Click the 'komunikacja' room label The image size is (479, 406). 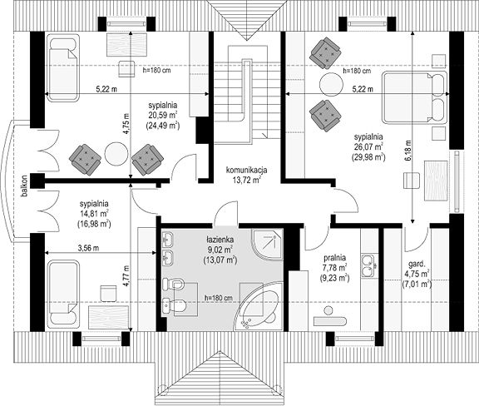click(246, 170)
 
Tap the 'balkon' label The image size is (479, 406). click(25, 186)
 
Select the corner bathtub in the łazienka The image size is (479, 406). click(259, 307)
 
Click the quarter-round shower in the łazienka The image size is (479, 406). click(267, 245)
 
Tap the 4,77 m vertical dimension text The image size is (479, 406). click(126, 275)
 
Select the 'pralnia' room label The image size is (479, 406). click(334, 258)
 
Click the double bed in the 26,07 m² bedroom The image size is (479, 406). click(414, 97)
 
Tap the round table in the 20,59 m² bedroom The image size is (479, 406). click(116, 154)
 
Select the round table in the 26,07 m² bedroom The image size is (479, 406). click(331, 84)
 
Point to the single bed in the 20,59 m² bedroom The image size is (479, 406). click(63, 67)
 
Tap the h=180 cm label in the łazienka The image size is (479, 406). click(218, 298)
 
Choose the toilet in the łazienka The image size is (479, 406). click(175, 304)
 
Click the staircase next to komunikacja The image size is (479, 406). click(247, 95)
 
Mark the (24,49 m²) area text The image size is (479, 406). click(162, 125)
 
